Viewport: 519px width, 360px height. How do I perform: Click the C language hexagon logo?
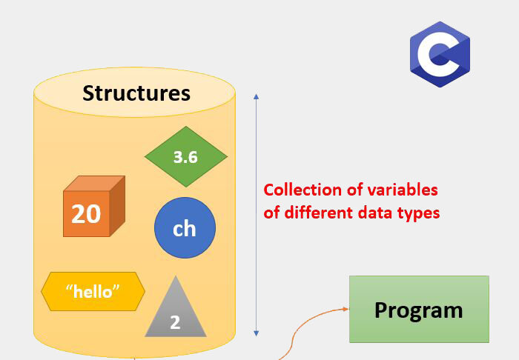point(440,55)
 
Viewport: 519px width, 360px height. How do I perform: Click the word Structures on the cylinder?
point(136,93)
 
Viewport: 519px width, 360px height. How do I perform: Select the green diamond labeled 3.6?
point(185,156)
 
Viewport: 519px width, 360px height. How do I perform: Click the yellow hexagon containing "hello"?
point(93,291)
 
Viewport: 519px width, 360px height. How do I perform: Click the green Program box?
point(419,309)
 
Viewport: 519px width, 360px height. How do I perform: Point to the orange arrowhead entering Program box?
point(345,309)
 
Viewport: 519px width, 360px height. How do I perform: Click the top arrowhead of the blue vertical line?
point(256,96)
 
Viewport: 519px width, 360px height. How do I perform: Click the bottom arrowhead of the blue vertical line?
point(256,334)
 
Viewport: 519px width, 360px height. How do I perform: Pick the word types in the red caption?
point(420,213)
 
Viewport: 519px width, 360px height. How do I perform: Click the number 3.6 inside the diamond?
point(185,157)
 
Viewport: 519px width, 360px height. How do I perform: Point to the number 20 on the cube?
point(86,214)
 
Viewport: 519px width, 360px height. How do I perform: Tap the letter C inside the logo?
point(438,56)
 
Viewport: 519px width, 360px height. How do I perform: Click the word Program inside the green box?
point(418,310)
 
